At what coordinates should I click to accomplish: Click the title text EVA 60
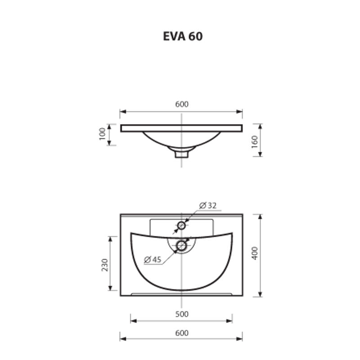(183, 36)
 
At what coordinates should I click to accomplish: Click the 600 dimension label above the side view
(181, 104)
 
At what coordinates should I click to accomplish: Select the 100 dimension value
(102, 134)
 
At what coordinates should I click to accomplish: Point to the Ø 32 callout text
(207, 205)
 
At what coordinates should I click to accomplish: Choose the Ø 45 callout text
(153, 259)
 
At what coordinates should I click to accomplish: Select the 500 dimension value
(181, 314)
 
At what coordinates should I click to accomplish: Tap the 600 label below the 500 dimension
(181, 333)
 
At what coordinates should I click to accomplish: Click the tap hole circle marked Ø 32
(182, 225)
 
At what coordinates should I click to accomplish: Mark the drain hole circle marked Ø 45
(182, 245)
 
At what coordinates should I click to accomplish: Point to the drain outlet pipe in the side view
(181, 154)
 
